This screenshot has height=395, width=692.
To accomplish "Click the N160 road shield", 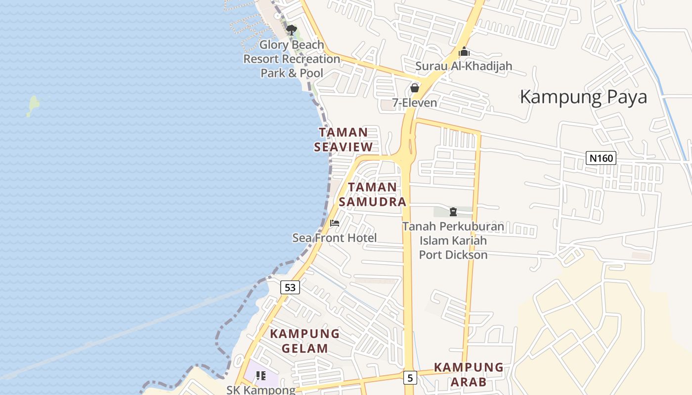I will pyautogui.click(x=601, y=158).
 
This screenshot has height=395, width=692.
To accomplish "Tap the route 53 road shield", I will pyautogui.click(x=290, y=287).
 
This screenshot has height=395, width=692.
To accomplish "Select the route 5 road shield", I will pyautogui.click(x=410, y=378).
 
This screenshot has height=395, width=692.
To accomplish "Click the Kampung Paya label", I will pyautogui.click(x=583, y=97).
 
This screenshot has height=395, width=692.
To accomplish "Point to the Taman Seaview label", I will pyautogui.click(x=344, y=140).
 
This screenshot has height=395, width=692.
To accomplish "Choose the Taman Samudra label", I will pyautogui.click(x=373, y=195).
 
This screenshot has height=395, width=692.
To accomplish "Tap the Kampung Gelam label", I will pyautogui.click(x=305, y=341).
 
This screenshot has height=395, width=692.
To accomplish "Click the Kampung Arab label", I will pyautogui.click(x=469, y=375).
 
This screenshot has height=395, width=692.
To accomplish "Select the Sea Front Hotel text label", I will pyautogui.click(x=335, y=238).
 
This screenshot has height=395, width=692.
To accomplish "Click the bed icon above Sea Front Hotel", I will pyautogui.click(x=335, y=223).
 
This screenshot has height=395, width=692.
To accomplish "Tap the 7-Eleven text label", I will pyautogui.click(x=415, y=103).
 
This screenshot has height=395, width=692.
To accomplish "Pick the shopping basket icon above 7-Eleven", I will pyautogui.click(x=415, y=88).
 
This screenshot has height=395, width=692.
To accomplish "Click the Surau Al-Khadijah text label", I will pyautogui.click(x=464, y=66).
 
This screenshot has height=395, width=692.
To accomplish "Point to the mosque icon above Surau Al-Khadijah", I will pyautogui.click(x=464, y=51).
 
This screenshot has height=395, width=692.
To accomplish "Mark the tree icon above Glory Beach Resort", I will pyautogui.click(x=292, y=30).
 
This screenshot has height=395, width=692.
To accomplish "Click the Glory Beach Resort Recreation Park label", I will pyautogui.click(x=292, y=59).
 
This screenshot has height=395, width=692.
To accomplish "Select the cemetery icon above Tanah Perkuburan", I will pyautogui.click(x=453, y=212).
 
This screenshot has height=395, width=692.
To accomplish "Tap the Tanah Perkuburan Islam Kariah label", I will pyautogui.click(x=453, y=240).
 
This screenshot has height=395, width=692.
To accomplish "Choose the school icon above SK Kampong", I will pyautogui.click(x=261, y=376).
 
